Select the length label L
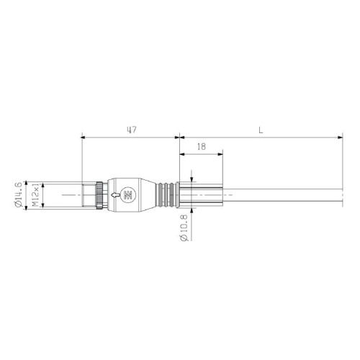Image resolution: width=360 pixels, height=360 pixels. (x=260, y=130)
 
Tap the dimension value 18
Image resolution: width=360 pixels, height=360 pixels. (x=201, y=146)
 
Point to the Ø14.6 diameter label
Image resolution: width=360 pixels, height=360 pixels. (x=17, y=195)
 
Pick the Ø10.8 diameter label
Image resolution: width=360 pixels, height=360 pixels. (x=183, y=228)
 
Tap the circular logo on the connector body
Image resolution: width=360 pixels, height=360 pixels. (x=128, y=194)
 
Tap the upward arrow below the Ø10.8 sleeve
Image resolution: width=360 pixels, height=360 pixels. (x=192, y=212)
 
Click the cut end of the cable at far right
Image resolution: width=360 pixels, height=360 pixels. (x=339, y=195)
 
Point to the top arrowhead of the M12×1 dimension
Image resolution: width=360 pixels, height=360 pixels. (x=44, y=185)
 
